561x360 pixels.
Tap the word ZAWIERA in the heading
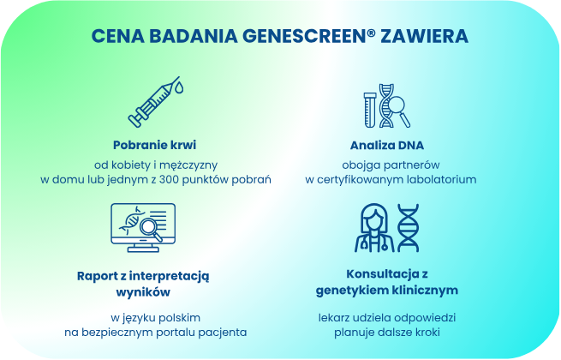tap(425, 37)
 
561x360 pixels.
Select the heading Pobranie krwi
tap(155, 144)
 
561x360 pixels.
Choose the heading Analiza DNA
tap(387, 144)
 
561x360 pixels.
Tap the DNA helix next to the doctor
tap(409, 228)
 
